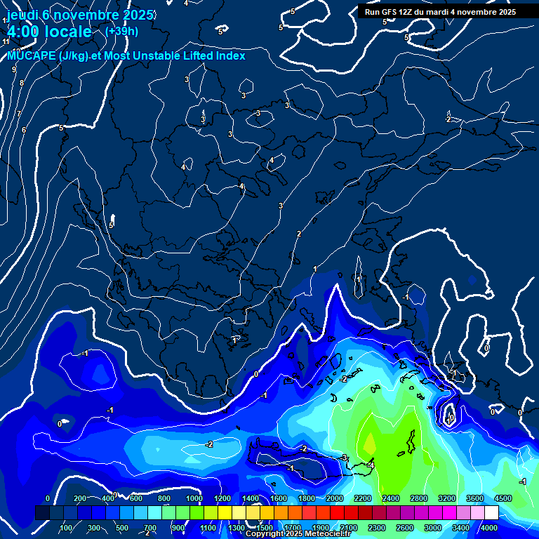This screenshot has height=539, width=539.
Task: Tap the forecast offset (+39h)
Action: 121,31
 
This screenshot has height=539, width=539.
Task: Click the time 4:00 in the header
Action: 23,32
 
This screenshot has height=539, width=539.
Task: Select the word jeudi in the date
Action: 21,13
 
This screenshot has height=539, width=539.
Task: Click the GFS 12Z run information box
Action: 440,12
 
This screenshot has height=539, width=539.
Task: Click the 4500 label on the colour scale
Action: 503,498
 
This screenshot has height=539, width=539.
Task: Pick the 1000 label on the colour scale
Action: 194,498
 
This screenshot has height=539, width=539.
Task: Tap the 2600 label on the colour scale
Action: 405,528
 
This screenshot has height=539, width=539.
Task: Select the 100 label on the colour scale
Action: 66,528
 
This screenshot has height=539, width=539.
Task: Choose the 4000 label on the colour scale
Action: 489,528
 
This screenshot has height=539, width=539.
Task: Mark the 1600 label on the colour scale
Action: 279,498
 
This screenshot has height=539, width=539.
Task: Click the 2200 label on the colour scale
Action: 363,498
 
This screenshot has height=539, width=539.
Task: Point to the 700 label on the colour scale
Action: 150,528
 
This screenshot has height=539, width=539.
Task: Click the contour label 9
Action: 13,69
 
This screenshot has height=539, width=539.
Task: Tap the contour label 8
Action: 21,83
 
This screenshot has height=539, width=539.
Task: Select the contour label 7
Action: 19,114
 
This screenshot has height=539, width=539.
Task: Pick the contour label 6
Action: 23,130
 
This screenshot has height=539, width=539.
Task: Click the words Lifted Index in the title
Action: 208,55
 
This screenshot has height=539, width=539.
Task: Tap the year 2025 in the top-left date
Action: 130,13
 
